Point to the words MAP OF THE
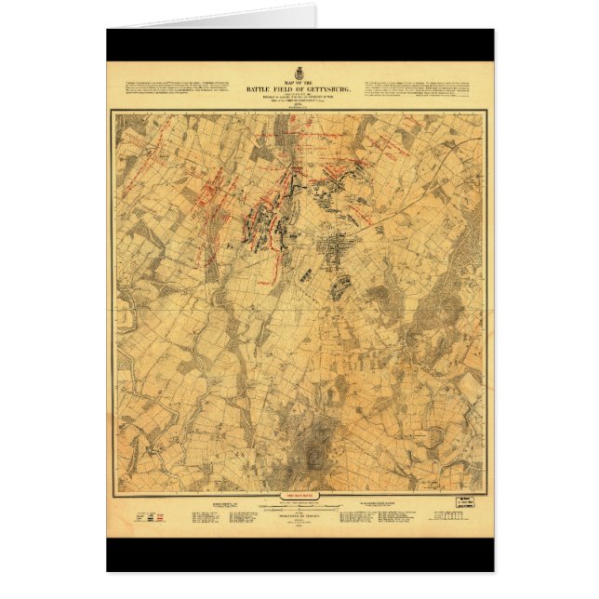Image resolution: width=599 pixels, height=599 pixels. pyautogui.click(x=299, y=80)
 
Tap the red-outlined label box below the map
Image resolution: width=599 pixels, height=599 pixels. pyautogui.click(x=299, y=496)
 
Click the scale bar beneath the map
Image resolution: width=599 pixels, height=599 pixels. pyautogui.click(x=299, y=509)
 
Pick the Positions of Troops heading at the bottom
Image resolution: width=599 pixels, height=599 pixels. pyautogui.click(x=299, y=522)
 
